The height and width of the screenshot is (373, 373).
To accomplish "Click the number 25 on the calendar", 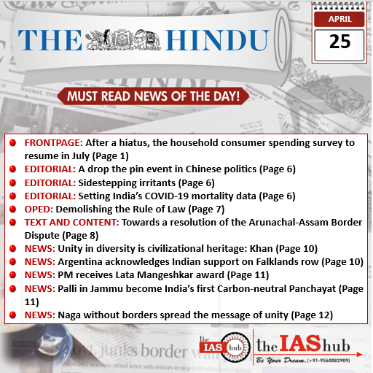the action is (339, 42).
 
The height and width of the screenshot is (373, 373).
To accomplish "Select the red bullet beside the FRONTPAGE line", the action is (13, 143).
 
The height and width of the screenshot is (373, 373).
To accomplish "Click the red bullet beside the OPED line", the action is (13, 209).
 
